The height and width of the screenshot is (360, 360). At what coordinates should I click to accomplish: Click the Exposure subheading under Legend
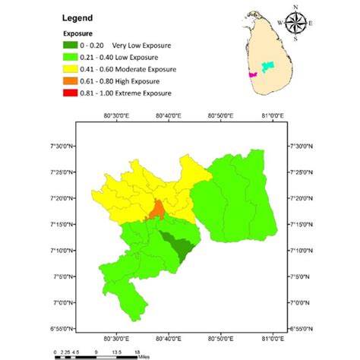tap(77, 35)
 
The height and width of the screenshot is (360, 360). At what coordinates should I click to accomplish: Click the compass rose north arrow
tap(296, 21)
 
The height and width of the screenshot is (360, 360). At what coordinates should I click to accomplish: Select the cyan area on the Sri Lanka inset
tap(266, 68)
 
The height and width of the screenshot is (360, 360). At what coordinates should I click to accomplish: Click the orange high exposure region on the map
tap(158, 207)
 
